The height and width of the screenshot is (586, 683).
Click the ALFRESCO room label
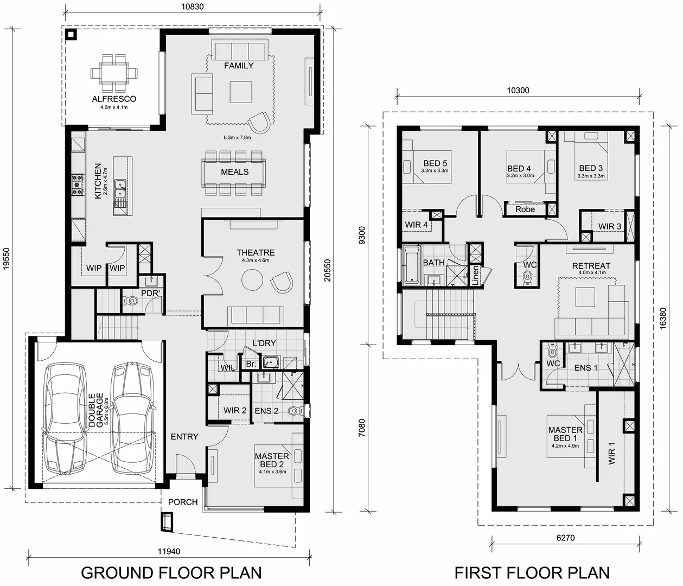(x=114, y=99)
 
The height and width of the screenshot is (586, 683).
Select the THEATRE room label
(x=256, y=253)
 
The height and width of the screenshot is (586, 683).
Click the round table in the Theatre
(x=251, y=281)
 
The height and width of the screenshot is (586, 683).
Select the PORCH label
(x=183, y=502)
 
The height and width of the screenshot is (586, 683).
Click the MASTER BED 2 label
(x=272, y=460)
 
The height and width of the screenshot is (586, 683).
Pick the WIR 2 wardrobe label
(x=235, y=411)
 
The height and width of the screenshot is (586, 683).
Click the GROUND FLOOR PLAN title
(x=171, y=572)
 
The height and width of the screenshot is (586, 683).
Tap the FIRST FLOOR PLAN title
(x=532, y=572)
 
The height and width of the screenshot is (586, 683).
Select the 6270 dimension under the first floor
(x=565, y=538)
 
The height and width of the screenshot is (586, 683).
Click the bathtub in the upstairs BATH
(x=411, y=264)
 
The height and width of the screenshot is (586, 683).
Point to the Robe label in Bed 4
(x=525, y=209)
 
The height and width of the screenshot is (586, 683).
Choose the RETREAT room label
(x=591, y=266)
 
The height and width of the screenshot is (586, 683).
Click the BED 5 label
(x=435, y=163)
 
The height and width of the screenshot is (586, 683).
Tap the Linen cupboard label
(x=475, y=276)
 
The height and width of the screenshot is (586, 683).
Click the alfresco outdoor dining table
(x=114, y=72)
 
